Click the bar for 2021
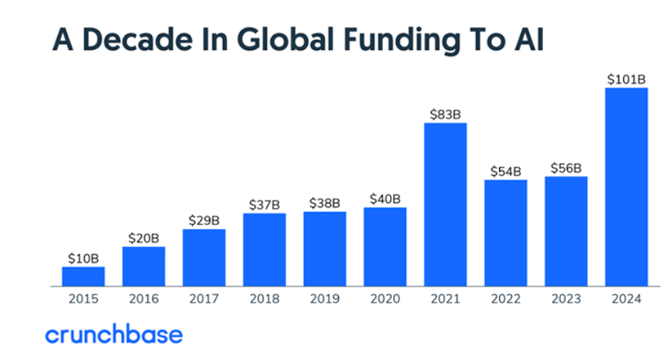tap(445, 204)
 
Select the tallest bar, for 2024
tap(626, 187)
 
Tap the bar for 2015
tap(83, 276)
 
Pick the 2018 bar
tap(264, 249)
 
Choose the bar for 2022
tap(506, 233)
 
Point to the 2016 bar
tap(144, 266)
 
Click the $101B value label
tap(626, 79)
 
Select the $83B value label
tap(445, 114)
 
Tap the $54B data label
tap(506, 171)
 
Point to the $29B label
tap(204, 220)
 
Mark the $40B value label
tap(385, 199)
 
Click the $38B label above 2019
tap(325, 203)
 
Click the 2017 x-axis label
tap(204, 299)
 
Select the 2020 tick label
tap(385, 299)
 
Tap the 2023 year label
tap(566, 299)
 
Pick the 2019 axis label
tap(325, 299)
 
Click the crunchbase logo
tap(114, 335)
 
